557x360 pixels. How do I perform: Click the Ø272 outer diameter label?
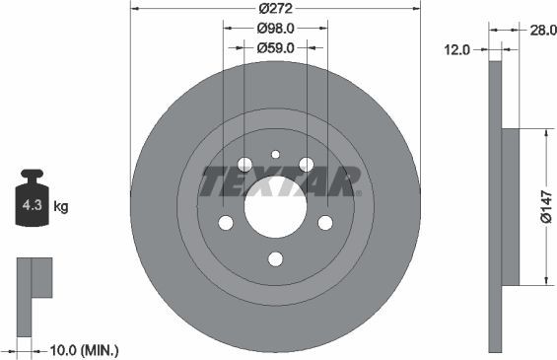(x=275, y=8)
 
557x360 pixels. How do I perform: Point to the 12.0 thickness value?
(x=455, y=47)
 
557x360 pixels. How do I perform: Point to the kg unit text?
(x=60, y=207)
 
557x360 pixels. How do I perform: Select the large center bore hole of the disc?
(x=275, y=208)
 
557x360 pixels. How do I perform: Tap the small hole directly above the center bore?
(x=275, y=154)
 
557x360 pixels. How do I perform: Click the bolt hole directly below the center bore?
(x=275, y=259)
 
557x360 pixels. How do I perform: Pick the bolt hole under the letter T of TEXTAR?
(x=226, y=223)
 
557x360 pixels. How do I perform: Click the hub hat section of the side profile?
(x=510, y=206)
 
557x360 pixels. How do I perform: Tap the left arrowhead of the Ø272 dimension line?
(x=134, y=8)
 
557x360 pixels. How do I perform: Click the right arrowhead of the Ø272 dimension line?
(x=417, y=8)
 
